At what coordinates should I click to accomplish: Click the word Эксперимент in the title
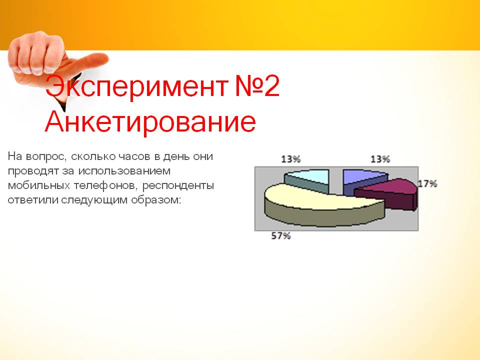[136, 86]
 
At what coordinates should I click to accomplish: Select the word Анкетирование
[150, 121]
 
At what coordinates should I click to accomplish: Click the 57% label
[280, 236]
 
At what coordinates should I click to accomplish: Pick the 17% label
[427, 183]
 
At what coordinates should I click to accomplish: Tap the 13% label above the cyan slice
[291, 159]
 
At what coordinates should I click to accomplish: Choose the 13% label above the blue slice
[380, 159]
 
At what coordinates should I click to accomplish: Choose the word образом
[156, 200]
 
